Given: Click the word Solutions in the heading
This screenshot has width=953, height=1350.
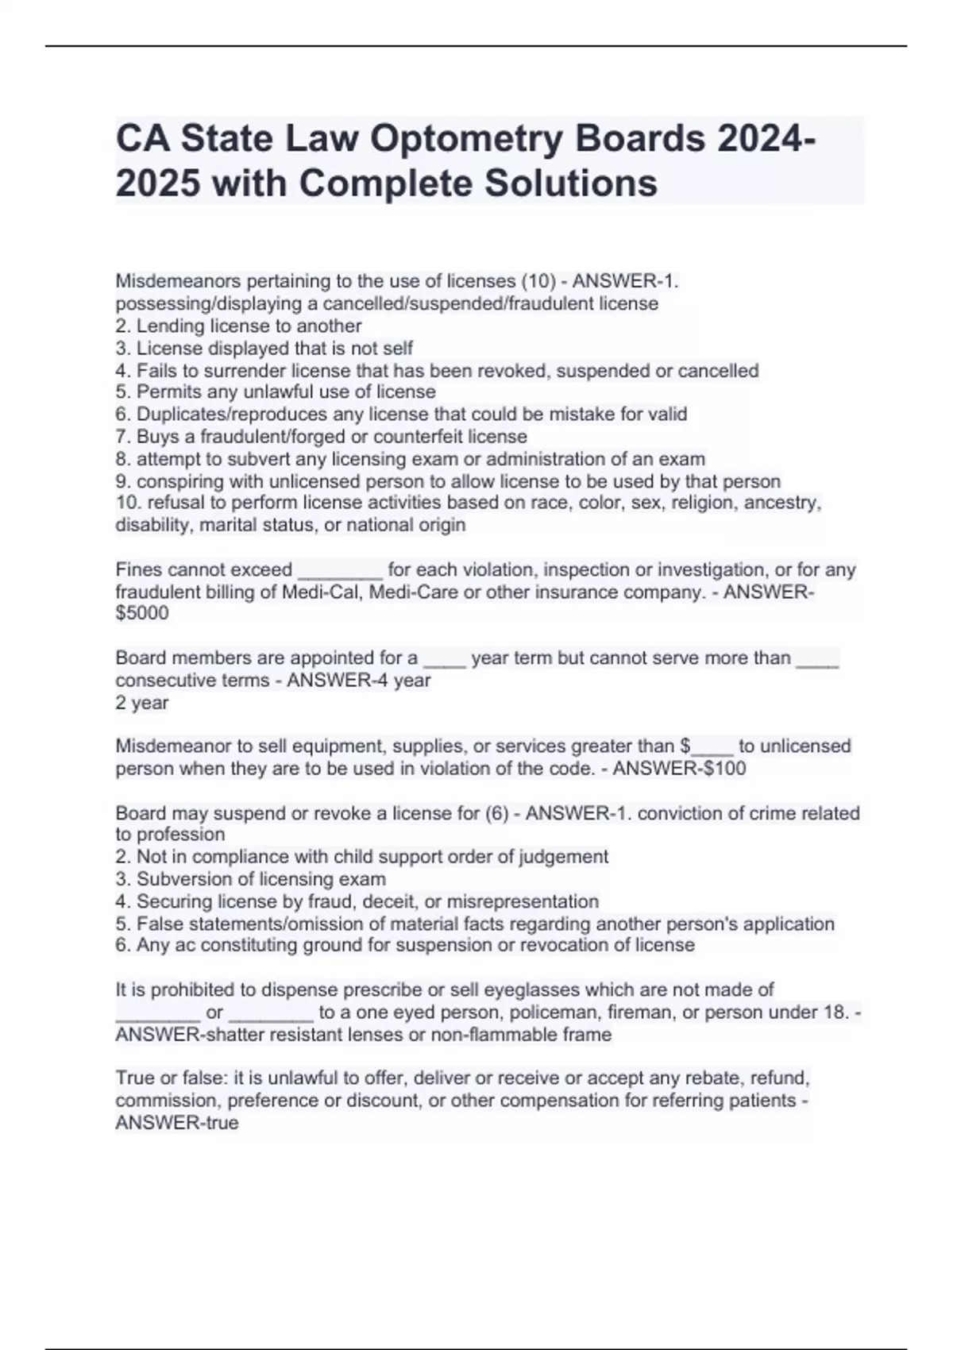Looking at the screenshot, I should (570, 183).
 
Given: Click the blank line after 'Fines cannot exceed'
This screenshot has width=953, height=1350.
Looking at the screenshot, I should (340, 571).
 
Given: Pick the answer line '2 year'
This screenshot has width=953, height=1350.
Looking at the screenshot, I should (142, 703).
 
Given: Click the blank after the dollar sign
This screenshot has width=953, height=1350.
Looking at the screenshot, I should (712, 747).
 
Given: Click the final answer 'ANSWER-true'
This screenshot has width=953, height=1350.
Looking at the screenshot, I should (176, 1123).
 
